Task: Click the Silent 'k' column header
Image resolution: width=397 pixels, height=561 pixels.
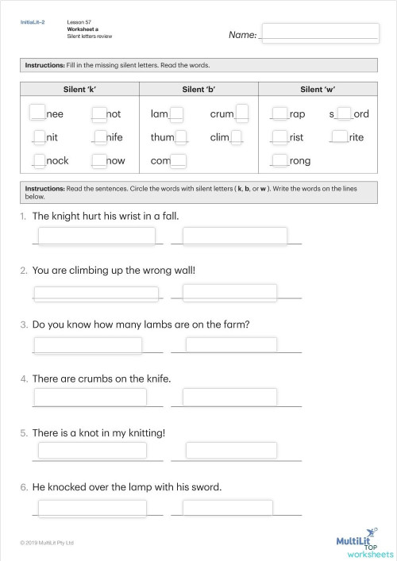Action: click(79, 90)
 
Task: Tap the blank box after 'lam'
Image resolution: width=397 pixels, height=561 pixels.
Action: click(176, 113)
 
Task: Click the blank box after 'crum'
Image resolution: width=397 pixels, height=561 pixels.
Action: click(242, 112)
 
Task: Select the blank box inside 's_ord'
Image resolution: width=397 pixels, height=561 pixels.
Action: click(345, 113)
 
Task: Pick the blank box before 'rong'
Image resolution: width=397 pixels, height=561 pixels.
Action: click(279, 160)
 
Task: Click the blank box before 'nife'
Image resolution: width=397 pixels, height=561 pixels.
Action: click(99, 136)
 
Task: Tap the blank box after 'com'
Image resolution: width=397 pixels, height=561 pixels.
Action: click(178, 160)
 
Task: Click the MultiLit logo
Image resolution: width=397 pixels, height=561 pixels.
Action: click(361, 541)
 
